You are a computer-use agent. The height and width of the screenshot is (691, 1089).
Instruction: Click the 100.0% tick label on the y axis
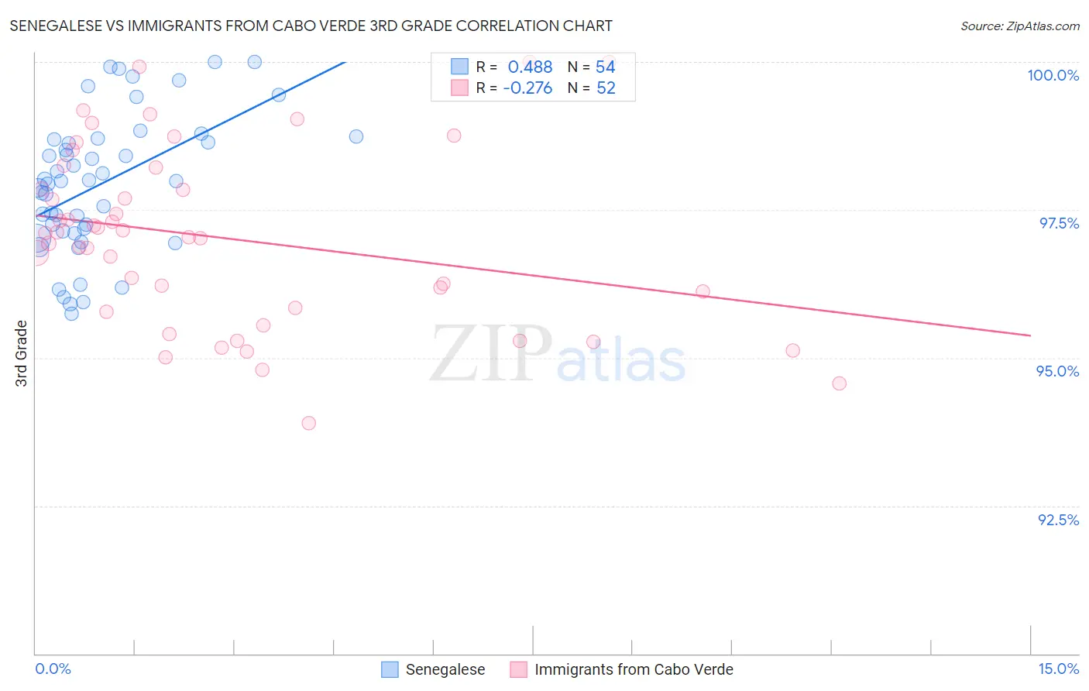pyautogui.click(x=1053, y=75)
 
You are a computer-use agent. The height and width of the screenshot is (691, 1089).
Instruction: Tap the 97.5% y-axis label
pyautogui.click(x=1058, y=223)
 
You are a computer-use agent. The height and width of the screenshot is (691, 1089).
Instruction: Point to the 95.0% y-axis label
pyautogui.click(x=1057, y=371)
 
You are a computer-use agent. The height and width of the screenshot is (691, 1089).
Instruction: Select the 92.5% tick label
pyautogui.click(x=1058, y=520)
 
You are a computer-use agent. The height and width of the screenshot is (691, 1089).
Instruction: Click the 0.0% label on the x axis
pyautogui.click(x=53, y=669)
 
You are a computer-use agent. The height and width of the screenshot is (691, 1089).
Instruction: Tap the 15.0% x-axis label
pyautogui.click(x=1058, y=669)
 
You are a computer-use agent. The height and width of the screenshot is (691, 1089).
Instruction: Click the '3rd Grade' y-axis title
pyautogui.click(x=22, y=353)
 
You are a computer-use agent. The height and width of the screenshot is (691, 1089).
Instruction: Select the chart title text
pyautogui.click(x=311, y=26)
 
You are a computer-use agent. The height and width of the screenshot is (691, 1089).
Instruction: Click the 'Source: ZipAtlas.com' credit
pyautogui.click(x=1019, y=26)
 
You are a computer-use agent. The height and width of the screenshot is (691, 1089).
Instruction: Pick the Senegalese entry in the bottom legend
pyautogui.click(x=445, y=669)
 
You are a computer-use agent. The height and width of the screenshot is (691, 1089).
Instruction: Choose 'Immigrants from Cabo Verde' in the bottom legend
pyautogui.click(x=633, y=669)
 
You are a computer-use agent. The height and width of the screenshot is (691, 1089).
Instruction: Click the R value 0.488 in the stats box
pyautogui.click(x=530, y=67)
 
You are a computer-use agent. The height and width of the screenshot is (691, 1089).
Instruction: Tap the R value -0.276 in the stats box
pyautogui.click(x=527, y=88)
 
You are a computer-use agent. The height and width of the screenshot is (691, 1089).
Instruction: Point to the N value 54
pyautogui.click(x=605, y=67)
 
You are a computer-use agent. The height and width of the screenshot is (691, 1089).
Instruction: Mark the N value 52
pyautogui.click(x=606, y=88)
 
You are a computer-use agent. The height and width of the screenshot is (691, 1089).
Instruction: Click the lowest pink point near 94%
pyautogui.click(x=308, y=423)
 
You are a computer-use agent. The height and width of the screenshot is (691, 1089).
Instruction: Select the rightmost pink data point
pyautogui.click(x=839, y=383)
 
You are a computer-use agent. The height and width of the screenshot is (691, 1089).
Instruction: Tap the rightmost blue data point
pyautogui.click(x=356, y=136)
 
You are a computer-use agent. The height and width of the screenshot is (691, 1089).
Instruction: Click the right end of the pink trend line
pyautogui.click(x=1030, y=335)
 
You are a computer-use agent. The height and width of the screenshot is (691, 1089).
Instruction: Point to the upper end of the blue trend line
pyautogui.click(x=345, y=62)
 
